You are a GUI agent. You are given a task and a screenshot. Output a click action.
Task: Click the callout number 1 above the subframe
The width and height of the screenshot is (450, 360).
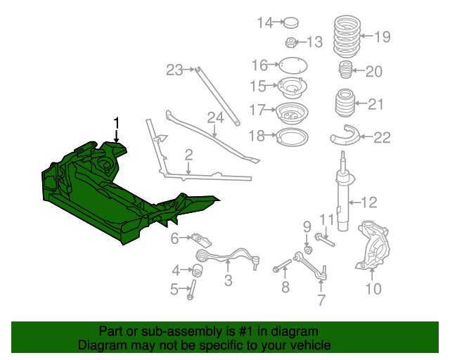point(117,122)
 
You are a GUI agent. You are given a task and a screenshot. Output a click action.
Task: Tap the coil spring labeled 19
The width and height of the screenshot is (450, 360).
point(347,36)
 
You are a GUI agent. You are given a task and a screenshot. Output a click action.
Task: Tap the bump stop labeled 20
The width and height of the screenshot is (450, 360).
point(345,71)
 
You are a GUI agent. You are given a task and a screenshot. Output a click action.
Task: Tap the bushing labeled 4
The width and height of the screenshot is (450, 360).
point(198,269)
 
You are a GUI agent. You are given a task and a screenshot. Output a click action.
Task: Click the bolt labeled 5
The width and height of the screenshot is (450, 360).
point(191,289)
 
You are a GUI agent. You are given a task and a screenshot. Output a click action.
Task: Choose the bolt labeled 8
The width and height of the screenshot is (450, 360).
point(281,267)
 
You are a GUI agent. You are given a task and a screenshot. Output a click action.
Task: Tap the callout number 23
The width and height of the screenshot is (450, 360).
point(174,70)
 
